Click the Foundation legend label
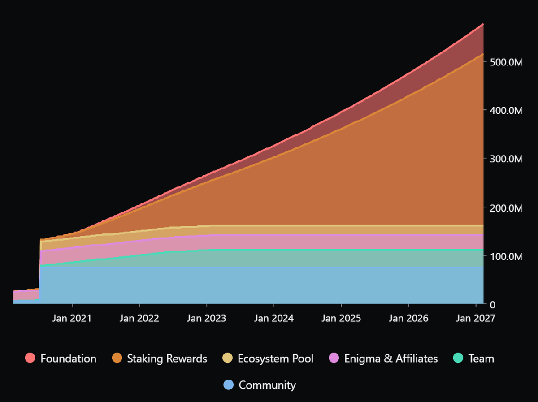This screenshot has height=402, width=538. pos(68,359)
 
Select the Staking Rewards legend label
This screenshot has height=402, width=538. pos(167,359)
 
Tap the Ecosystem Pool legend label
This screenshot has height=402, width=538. pos(275,359)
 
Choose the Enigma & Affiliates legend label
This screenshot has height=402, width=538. pos(390,359)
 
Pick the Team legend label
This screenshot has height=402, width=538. pos(481,359)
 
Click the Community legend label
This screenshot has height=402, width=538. pos(267,385)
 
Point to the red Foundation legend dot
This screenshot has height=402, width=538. pos(30,359)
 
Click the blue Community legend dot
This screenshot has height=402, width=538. pos(229,385)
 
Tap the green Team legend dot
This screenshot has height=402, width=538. pos(458,359)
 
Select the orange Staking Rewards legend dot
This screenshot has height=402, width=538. pos(117,359)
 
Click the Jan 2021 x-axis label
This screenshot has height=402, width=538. pos(72,318)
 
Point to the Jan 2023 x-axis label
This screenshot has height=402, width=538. pos(206,318)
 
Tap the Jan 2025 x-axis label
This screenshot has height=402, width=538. pos(341,318)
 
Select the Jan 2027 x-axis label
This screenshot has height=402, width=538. pos(475,318)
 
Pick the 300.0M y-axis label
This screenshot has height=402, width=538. pos(506,159)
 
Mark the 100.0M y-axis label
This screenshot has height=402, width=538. pos(506,256)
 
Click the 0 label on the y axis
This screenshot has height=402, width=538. pos(492,305)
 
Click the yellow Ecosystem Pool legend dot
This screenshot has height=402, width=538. pos(228,359)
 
